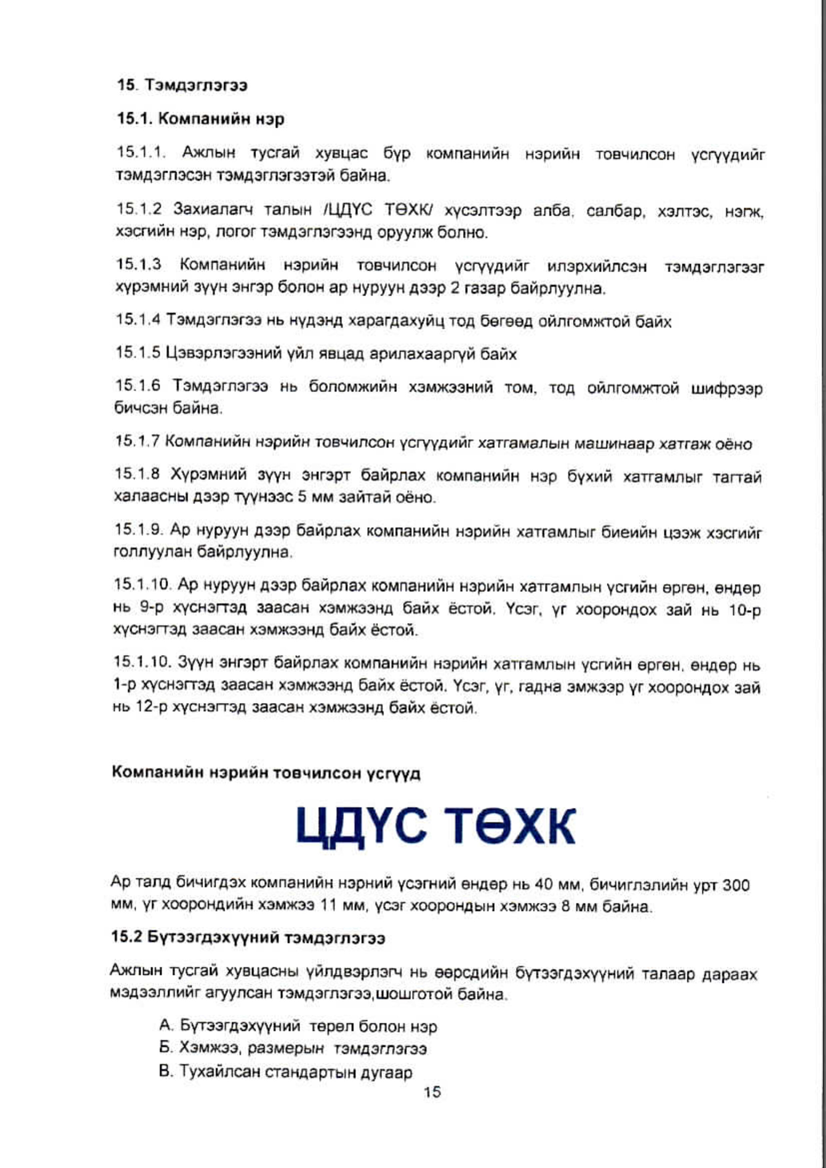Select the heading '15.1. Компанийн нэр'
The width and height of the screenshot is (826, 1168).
pyautogui.click(x=201, y=119)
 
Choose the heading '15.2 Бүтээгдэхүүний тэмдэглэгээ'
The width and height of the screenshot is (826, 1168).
pyautogui.click(x=248, y=938)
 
